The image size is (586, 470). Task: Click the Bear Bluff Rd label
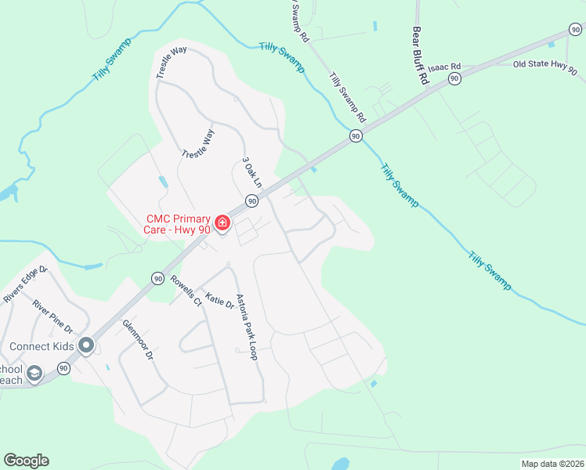pyautogui.click(x=420, y=56)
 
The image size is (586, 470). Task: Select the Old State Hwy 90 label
pyautogui.click(x=545, y=67)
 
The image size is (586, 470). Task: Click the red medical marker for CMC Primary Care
pyautogui.click(x=222, y=224)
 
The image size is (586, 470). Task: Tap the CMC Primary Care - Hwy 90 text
pyautogui.click(x=177, y=224)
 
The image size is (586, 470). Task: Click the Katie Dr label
pyautogui.click(x=219, y=300)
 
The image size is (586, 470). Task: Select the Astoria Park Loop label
pyautogui.click(x=249, y=325)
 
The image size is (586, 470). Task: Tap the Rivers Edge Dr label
pyautogui.click(x=26, y=285)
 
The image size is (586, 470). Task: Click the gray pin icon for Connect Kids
pyautogui.click(x=86, y=345)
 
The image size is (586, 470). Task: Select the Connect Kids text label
pyautogui.click(x=42, y=346)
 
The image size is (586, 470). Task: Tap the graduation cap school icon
pyautogui.click(x=34, y=374)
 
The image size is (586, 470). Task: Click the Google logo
pyautogui.click(x=26, y=461)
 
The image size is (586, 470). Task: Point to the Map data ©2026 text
pyautogui.click(x=552, y=464)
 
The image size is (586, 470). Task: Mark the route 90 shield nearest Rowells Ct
pyautogui.click(x=157, y=278)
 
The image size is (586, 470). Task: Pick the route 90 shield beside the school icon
pyautogui.click(x=63, y=368)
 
